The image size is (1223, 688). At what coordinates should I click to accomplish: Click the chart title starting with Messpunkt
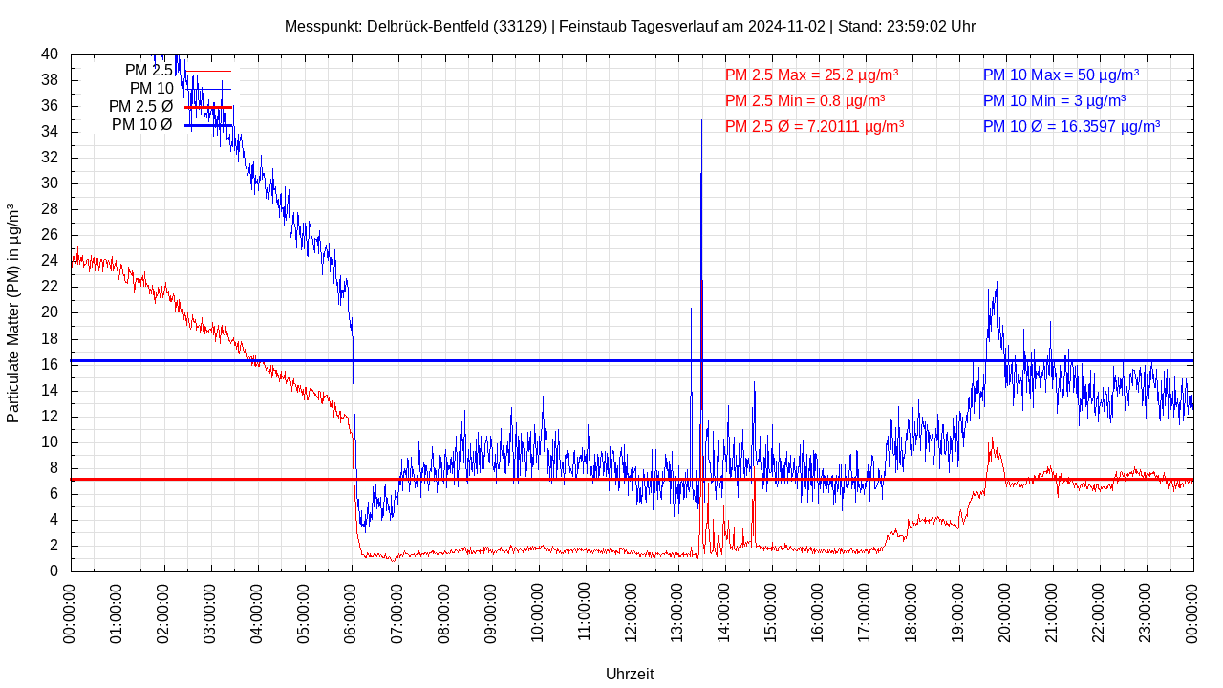(630, 26)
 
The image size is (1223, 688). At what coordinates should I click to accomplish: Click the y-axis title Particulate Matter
(13, 313)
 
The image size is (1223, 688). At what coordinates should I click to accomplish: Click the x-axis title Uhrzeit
(630, 674)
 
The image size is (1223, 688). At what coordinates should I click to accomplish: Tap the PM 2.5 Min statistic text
(805, 100)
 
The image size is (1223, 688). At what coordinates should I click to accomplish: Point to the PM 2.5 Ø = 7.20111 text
(814, 126)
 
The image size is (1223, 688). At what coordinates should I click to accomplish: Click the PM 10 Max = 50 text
(1061, 75)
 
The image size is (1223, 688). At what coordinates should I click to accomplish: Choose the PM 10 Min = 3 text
(1054, 100)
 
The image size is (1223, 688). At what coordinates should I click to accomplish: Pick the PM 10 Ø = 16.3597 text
(1071, 126)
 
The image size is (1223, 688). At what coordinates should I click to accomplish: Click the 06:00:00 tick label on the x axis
(353, 609)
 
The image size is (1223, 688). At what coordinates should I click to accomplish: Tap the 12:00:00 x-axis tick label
(633, 609)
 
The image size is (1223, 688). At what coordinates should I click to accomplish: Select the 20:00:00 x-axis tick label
(1007, 609)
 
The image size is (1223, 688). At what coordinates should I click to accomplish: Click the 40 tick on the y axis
(50, 54)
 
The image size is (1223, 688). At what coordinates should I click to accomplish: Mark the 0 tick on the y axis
(54, 571)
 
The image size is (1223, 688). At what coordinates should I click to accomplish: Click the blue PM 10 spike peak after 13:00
(701, 121)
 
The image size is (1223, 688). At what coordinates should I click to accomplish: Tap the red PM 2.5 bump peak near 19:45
(992, 440)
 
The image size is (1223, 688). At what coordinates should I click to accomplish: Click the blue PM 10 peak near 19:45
(997, 283)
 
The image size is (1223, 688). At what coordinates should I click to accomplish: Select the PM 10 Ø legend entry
(142, 125)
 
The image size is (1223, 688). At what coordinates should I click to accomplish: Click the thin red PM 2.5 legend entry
(149, 71)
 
